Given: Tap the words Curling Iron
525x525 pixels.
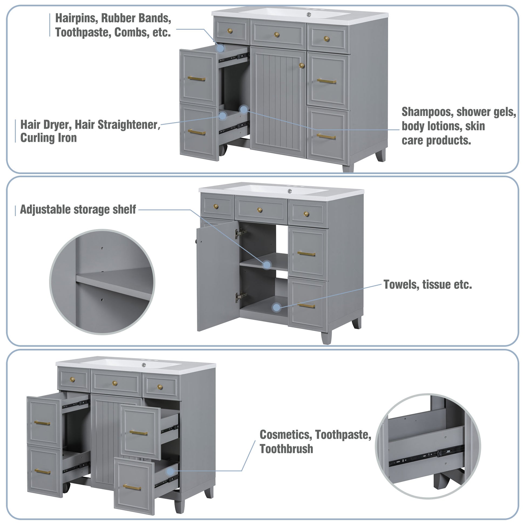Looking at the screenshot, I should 48,138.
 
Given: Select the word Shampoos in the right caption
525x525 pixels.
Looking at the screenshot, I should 427,112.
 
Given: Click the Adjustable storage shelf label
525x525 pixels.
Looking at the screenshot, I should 78,210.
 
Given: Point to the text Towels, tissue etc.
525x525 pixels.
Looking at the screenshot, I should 427,285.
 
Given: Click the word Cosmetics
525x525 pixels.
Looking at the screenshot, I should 285,435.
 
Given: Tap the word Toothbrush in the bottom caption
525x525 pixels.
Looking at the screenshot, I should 286,449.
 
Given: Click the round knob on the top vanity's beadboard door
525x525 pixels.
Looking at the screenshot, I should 302,66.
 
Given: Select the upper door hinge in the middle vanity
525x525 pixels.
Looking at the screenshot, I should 240,233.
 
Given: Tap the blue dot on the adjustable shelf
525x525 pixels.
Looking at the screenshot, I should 267,265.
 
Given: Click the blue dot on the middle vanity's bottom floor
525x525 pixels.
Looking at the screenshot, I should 276,307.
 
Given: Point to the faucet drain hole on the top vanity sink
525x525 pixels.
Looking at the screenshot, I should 309,14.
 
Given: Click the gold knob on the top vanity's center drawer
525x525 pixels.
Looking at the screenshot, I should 277,35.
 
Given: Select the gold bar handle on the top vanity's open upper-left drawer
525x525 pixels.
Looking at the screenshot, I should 196,79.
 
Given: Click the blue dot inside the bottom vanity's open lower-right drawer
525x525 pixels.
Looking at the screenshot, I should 170,472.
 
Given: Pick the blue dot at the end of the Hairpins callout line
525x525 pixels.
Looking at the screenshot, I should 220,48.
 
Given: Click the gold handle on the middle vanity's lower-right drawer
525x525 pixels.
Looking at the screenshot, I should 306,306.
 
